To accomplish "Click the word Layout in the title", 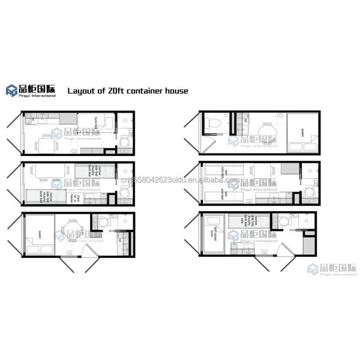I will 80,91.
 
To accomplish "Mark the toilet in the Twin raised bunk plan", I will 283,221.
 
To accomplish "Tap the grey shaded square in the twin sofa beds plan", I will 290,169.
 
